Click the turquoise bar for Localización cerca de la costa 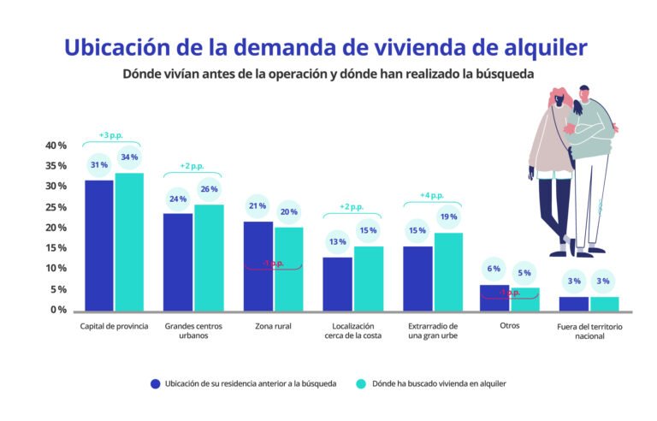[369, 278]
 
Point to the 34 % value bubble [129, 157]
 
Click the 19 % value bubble [447, 217]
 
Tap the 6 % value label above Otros [494, 269]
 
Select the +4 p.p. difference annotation [432, 195]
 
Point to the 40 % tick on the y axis [56, 145]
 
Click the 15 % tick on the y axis [56, 248]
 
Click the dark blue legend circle [155, 383]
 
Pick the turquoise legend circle [360, 383]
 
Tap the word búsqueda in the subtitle [503, 74]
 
